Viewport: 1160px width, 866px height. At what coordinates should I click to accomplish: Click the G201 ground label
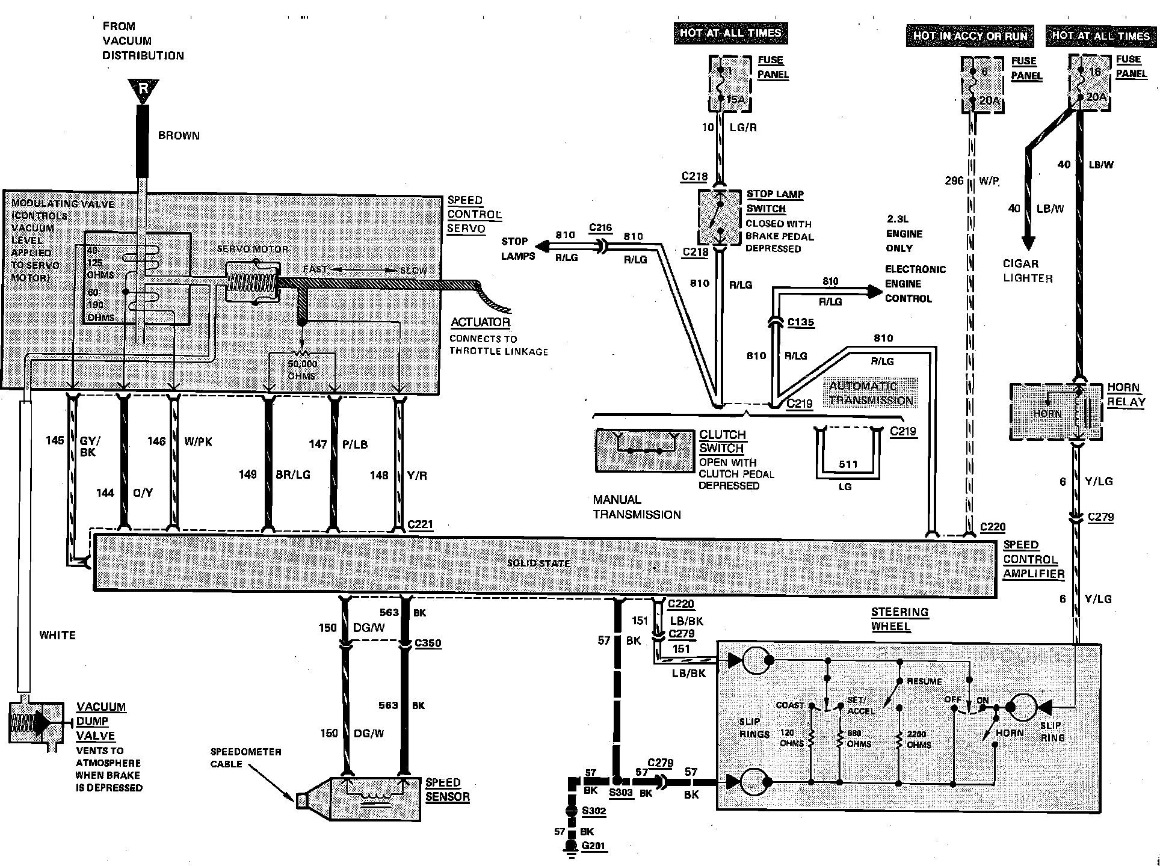[x=594, y=846]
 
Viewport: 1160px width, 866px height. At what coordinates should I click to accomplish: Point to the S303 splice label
[x=621, y=793]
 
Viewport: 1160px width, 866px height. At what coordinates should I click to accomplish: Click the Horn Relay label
[x=1126, y=395]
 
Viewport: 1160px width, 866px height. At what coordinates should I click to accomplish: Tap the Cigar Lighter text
[x=1028, y=271]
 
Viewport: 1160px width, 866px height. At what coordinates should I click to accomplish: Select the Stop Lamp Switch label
[x=774, y=201]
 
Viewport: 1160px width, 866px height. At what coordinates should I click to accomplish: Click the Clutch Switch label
[x=722, y=441]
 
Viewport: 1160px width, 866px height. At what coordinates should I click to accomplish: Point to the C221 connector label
[x=420, y=524]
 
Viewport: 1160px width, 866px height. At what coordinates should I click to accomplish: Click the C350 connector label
[x=428, y=643]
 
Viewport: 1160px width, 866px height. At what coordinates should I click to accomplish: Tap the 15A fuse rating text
[x=735, y=99]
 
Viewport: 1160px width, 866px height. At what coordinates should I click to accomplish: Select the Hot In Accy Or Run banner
[x=970, y=36]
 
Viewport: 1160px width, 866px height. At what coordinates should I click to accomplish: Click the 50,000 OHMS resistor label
[x=301, y=370]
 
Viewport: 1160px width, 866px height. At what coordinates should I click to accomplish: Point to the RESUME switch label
[x=924, y=681]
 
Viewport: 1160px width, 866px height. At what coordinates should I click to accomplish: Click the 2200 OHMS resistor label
[x=917, y=739]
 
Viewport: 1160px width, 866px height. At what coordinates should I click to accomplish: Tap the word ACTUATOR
[x=480, y=322]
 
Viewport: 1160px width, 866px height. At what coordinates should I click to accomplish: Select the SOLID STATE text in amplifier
[x=538, y=564]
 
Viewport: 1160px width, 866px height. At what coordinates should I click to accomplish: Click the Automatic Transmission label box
[x=871, y=393]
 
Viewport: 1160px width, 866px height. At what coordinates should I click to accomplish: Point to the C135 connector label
[x=800, y=322]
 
